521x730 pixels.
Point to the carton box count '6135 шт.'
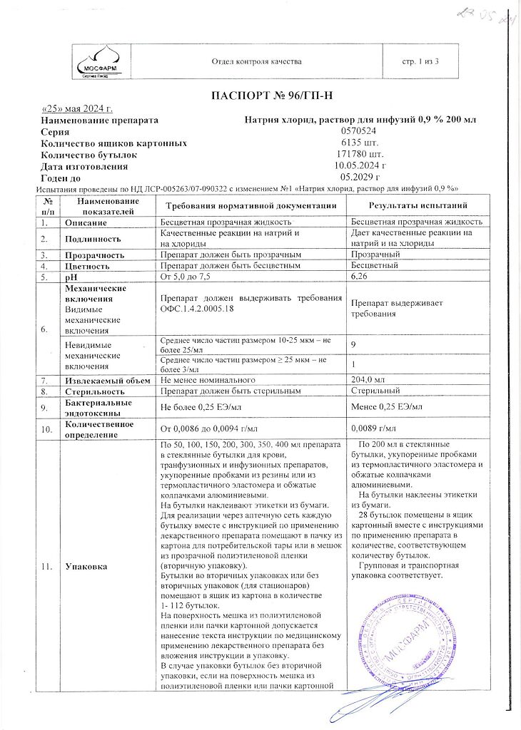click(x=360, y=143)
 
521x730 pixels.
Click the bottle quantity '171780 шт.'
click(x=360, y=155)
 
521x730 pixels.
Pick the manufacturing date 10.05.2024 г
click(x=360, y=166)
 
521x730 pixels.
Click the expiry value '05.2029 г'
click(x=360, y=178)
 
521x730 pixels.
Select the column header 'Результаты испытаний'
click(x=417, y=205)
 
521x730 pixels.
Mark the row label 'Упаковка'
click(x=86, y=567)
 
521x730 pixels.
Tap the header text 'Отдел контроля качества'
click(x=257, y=62)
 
